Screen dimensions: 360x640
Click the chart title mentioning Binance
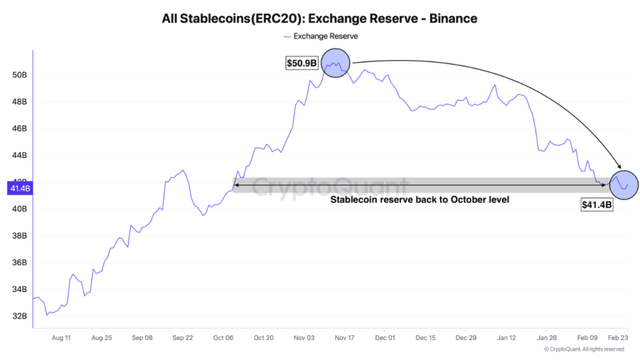[319, 18]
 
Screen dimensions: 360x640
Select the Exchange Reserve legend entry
[320, 36]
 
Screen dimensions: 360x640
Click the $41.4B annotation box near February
[597, 204]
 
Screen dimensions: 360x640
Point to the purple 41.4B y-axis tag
[18, 187]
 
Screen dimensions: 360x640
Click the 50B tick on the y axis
[19, 75]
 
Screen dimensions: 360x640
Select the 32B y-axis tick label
[19, 316]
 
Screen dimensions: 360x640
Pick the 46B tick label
[19, 129]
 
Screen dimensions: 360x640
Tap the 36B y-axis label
[19, 262]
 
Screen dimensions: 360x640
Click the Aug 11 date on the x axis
[61, 338]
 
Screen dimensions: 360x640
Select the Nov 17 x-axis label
[344, 338]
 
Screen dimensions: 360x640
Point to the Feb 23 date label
[617, 338]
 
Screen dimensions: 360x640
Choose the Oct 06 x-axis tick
[223, 338]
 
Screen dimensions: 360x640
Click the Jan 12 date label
[507, 338]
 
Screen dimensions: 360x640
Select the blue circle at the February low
[623, 184]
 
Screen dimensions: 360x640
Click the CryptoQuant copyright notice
[584, 349]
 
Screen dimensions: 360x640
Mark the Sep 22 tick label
[182, 338]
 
